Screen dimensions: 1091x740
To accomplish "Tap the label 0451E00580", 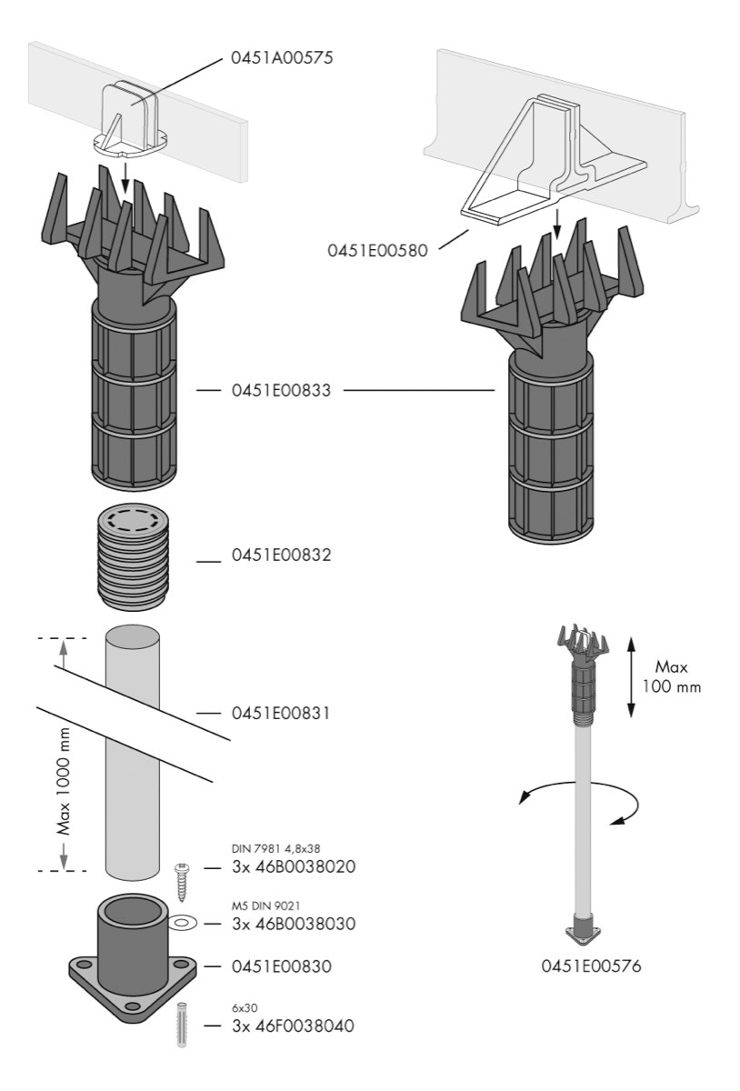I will click(379, 248).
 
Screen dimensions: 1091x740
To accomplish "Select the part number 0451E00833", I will click(278, 391).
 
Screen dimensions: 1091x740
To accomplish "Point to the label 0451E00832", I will click(278, 555).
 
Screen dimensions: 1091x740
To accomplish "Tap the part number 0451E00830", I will click(278, 967).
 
